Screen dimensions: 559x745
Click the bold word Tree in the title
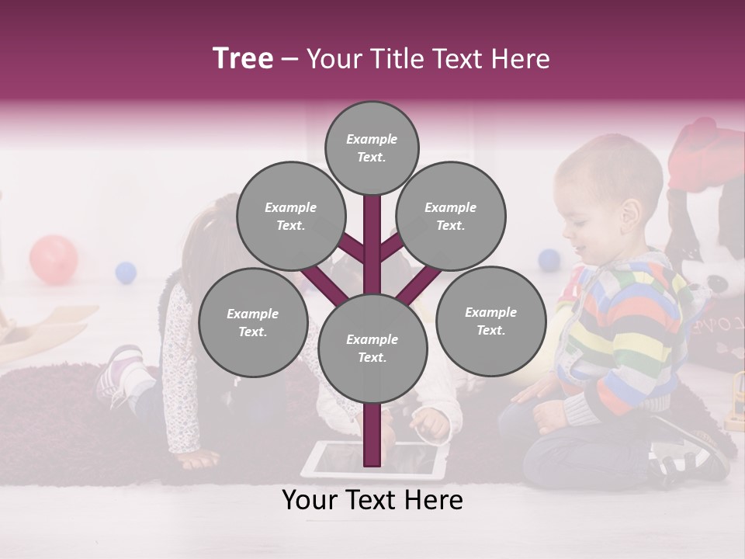pos(243,59)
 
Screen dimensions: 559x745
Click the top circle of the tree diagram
pos(372,148)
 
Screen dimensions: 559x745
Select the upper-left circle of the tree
pos(291,217)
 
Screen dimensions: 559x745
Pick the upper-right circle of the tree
pos(451,217)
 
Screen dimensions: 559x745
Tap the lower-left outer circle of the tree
pos(253,323)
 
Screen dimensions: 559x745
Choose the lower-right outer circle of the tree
pos(491,321)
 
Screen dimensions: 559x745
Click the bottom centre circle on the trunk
pos(372,349)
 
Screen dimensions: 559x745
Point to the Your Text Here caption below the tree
pos(372,500)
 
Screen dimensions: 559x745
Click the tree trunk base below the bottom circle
pos(372,435)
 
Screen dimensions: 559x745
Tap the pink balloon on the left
pos(54,259)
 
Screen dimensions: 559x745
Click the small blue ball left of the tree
pos(126,273)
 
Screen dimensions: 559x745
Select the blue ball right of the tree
pos(549,260)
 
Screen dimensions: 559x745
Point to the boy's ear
pos(631,212)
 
